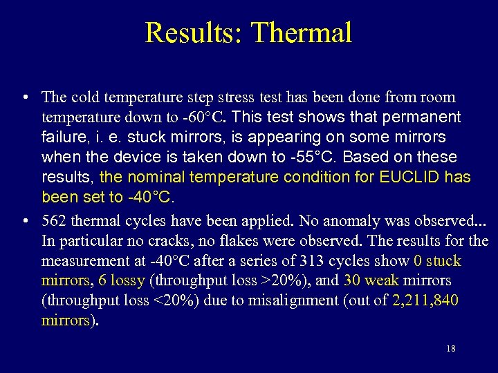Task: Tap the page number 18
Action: [x=451, y=349]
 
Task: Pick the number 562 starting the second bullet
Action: [x=54, y=221]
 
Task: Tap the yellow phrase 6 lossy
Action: [x=122, y=281]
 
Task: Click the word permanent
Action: [x=426, y=117]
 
